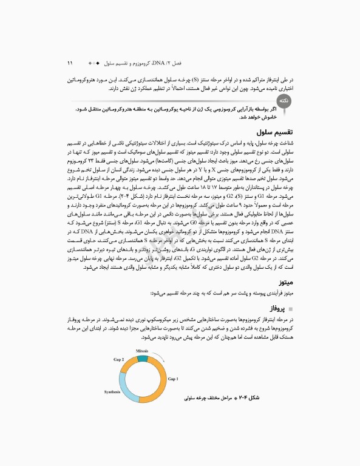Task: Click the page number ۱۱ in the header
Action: pos(70,62)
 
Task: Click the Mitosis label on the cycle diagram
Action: pos(142,351)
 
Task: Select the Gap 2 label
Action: pos(118,360)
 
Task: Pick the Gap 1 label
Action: pos(173,379)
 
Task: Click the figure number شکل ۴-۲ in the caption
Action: pos(264,397)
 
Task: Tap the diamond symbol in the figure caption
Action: pos(250,397)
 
